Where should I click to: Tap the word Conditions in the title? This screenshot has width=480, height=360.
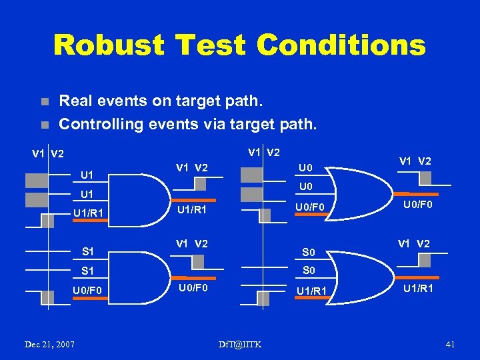(x=341, y=45)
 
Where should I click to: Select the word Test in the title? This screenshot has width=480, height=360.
(x=214, y=45)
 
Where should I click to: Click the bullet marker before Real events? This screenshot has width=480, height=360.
(x=44, y=103)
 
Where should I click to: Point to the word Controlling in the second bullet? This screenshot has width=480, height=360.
(x=99, y=123)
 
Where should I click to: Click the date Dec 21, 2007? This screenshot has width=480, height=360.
(x=50, y=344)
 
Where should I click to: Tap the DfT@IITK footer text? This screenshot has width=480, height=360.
(x=240, y=344)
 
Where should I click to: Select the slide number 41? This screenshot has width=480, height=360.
(x=449, y=344)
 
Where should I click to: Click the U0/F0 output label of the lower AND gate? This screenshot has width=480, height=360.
(x=193, y=288)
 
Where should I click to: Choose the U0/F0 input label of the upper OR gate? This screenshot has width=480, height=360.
(x=311, y=208)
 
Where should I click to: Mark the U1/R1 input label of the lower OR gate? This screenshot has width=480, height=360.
(x=311, y=291)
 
